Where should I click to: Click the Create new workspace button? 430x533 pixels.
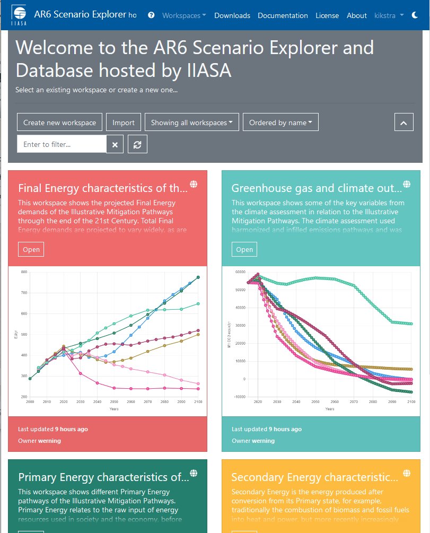click(x=59, y=123)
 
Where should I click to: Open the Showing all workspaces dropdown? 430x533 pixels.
click(x=192, y=123)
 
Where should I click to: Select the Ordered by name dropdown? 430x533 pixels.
click(x=280, y=123)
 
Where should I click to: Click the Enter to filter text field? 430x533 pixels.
click(x=62, y=144)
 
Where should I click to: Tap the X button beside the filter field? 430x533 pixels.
click(x=115, y=144)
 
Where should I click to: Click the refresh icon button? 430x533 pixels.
click(x=137, y=144)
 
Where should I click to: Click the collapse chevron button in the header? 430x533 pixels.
click(x=403, y=123)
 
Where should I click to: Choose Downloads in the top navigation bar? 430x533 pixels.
click(x=232, y=15)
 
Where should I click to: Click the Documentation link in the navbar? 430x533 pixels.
click(x=283, y=15)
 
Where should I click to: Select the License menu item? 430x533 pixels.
click(x=327, y=15)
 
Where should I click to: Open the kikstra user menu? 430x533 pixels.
click(x=389, y=15)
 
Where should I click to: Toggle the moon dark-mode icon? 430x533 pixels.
click(x=415, y=15)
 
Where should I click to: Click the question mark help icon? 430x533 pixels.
click(x=151, y=15)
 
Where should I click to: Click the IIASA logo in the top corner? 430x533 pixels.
click(x=19, y=15)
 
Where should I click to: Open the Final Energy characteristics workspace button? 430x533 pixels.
click(x=31, y=249)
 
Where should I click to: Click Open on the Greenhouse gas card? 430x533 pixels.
click(x=244, y=249)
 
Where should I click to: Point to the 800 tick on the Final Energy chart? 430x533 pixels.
click(x=24, y=272)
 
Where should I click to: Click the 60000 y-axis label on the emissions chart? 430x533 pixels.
click(x=240, y=272)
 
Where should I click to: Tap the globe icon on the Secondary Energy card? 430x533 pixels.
click(x=407, y=473)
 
